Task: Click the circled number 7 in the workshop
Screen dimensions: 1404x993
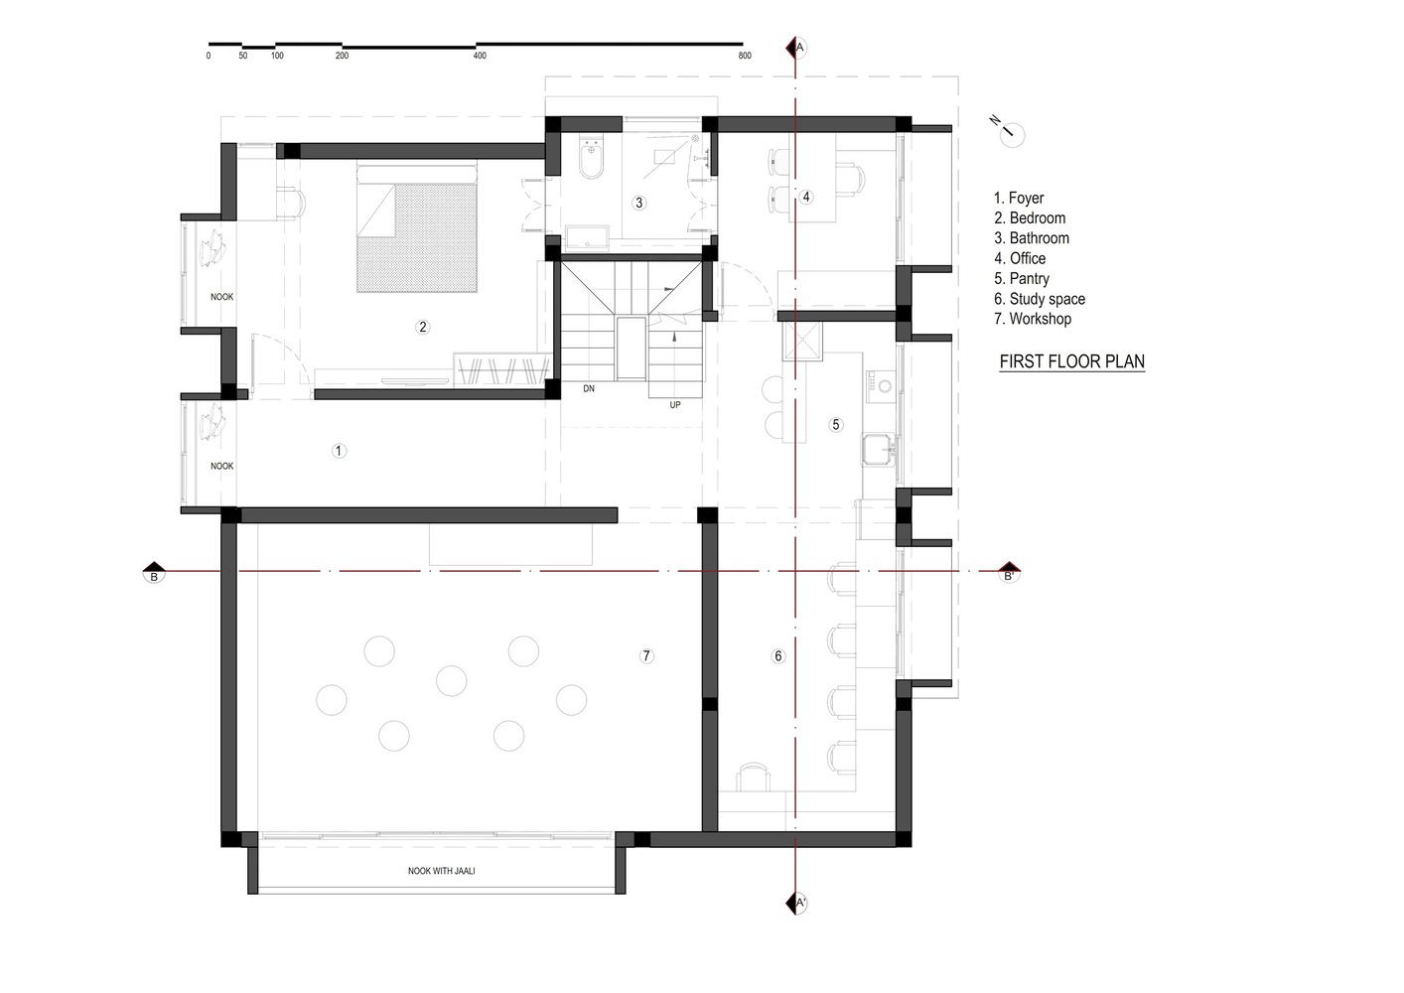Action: [646, 656]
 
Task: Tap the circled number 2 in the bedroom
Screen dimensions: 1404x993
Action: [422, 328]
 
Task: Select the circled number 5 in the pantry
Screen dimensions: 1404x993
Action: [835, 425]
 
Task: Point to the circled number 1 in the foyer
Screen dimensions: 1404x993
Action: [339, 451]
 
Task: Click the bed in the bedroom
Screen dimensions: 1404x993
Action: [417, 227]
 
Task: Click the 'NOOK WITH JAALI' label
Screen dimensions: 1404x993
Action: [441, 871]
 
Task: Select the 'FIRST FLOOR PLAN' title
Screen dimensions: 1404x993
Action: [1071, 361]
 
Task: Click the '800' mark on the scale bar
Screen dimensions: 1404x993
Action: [745, 56]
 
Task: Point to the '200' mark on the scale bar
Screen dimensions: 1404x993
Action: [342, 56]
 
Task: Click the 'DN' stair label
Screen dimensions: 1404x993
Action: [589, 388]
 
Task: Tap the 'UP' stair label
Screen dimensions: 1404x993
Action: [675, 405]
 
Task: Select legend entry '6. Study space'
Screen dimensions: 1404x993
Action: [1040, 299]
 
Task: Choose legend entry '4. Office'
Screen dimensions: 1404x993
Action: [1020, 258]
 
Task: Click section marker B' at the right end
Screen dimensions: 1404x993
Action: [1009, 572]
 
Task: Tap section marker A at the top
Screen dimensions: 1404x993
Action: [796, 48]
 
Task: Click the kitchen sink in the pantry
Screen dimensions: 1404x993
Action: [880, 450]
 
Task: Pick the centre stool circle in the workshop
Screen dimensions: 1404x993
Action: [451, 681]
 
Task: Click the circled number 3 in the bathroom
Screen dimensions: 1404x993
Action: [638, 203]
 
